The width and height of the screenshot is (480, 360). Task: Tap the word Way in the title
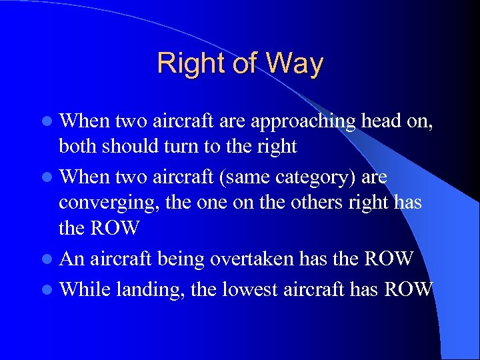(294, 64)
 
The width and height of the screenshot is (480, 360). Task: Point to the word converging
(105, 203)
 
